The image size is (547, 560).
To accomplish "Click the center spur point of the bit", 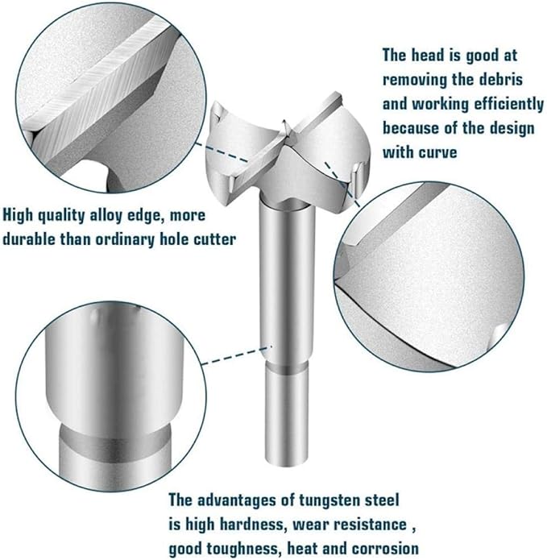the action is click(x=284, y=122).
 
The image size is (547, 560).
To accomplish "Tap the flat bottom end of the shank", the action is click(x=286, y=463).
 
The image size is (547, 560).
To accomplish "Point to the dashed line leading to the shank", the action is click(x=238, y=355).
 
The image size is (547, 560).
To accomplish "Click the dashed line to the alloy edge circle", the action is click(x=222, y=152).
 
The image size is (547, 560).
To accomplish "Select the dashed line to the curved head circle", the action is click(x=342, y=185).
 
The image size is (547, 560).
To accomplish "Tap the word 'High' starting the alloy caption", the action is click(x=18, y=216).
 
